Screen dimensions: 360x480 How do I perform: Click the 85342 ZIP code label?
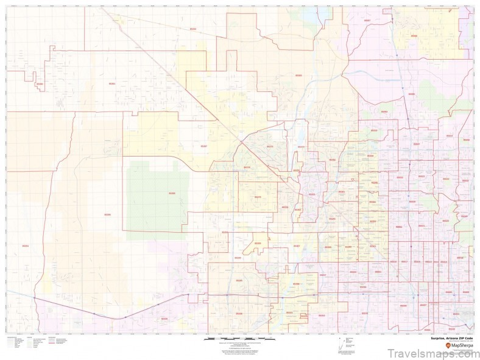tap(193, 29)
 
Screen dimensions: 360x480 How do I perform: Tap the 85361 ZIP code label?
tap(111, 83)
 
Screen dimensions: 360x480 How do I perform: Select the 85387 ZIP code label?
tap(203, 146)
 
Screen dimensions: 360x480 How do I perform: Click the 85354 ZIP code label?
tap(25, 245)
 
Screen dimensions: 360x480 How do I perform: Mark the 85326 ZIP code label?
tap(163, 319)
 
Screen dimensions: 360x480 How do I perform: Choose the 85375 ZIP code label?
tap(270, 146)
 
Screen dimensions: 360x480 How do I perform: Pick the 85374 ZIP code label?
tap(247, 167)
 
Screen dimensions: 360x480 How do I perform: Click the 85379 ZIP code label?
tap(257, 197)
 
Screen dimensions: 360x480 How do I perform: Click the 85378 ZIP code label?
tap(297, 171)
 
